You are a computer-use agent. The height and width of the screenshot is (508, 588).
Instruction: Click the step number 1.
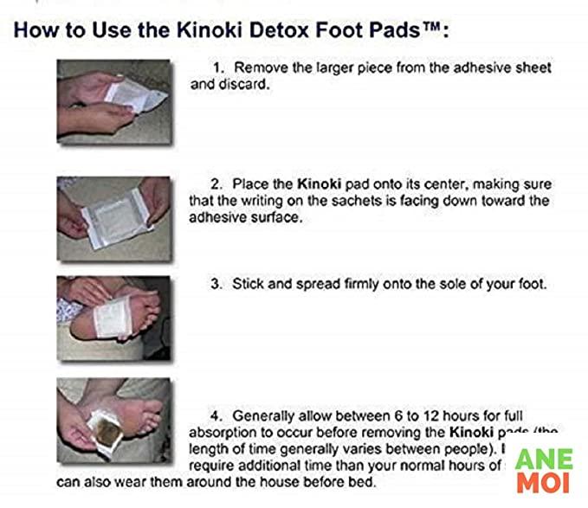pyautogui.click(x=217, y=68)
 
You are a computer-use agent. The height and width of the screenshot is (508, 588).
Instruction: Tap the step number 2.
pyautogui.click(x=216, y=185)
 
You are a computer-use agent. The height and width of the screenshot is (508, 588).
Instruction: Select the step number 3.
pyautogui.click(x=216, y=283)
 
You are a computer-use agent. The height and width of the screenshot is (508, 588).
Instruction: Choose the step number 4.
pyautogui.click(x=216, y=415)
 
